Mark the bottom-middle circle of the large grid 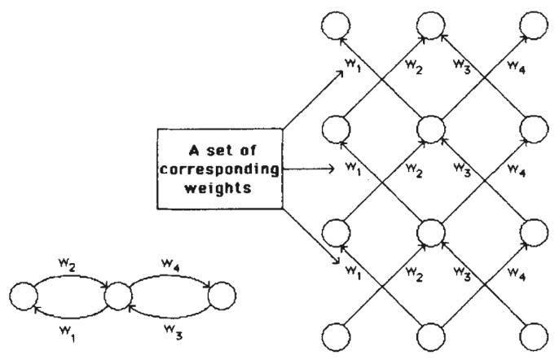[x=434, y=336]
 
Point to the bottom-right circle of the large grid [x=535, y=336]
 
